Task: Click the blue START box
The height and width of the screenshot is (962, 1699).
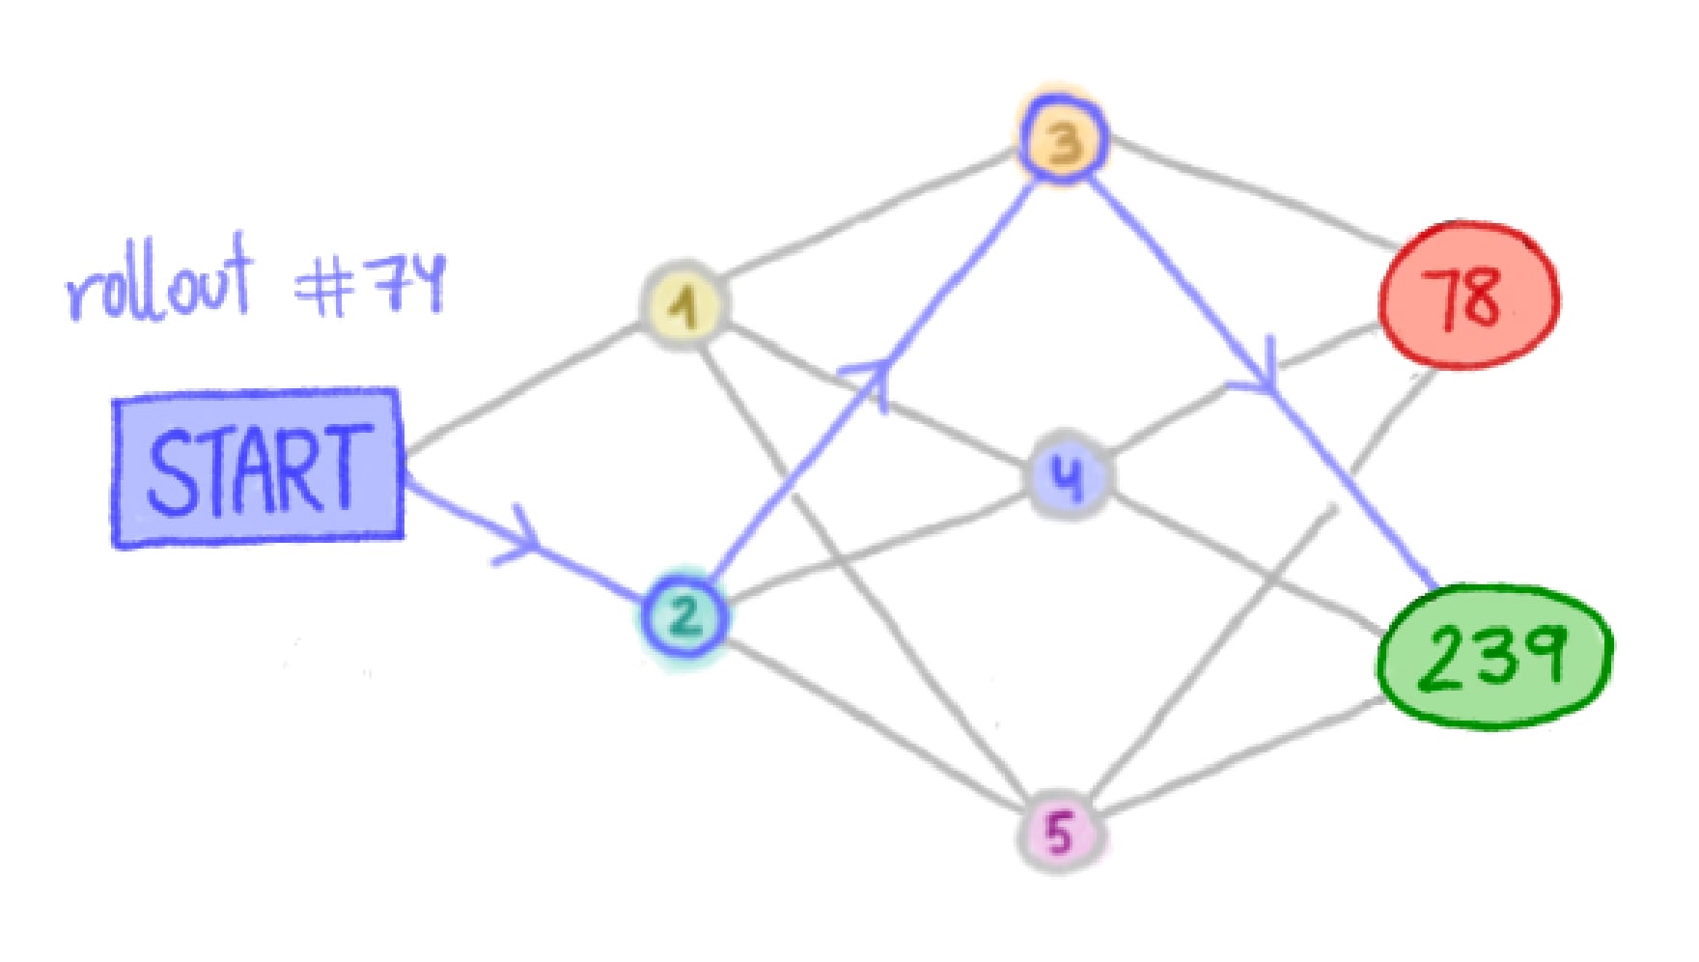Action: coord(258,469)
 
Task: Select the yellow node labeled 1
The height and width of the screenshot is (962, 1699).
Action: coord(684,305)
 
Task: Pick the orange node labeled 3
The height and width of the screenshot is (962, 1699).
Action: coord(1062,141)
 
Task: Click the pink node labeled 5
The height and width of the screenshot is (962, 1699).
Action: coord(1060,832)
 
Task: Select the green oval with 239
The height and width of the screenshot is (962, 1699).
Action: coord(1492,656)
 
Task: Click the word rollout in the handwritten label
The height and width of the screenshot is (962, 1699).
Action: coord(160,285)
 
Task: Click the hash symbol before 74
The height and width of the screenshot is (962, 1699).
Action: coord(323,287)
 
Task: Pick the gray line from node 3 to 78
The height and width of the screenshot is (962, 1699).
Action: coord(1255,189)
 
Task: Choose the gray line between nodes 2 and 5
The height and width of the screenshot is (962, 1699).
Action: coord(869,724)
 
